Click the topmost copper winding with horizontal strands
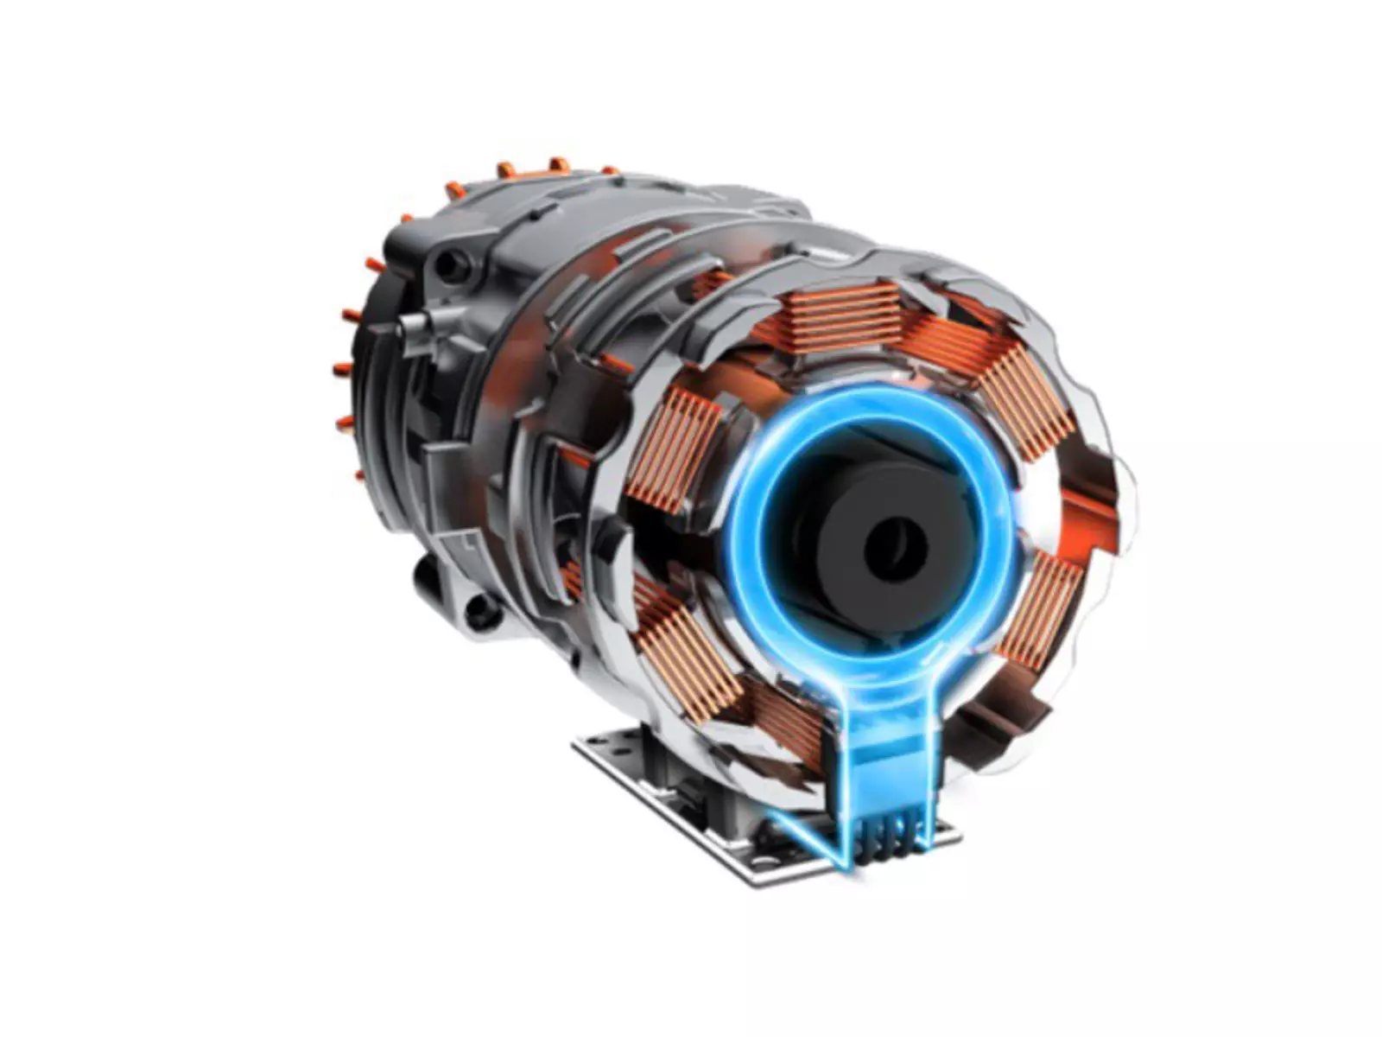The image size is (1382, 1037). click(842, 315)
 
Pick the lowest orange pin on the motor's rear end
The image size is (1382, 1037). click(360, 474)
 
